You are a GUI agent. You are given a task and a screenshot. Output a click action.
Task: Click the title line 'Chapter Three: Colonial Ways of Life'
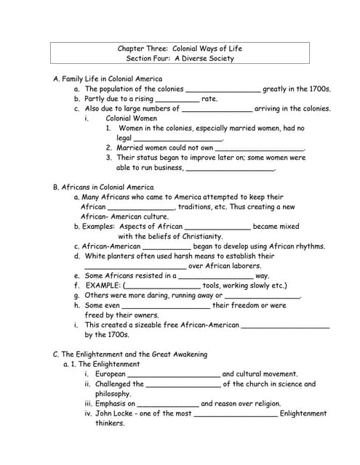coord(180,49)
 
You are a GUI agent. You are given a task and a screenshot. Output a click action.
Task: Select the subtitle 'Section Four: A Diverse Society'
coord(180,59)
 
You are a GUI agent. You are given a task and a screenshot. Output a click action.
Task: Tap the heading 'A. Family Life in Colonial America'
coord(108,78)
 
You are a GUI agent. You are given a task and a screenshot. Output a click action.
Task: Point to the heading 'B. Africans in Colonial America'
coord(103,187)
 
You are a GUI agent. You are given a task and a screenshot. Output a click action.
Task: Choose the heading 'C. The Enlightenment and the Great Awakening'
coord(130,355)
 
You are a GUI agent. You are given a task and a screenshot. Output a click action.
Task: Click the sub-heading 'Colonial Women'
coord(132,118)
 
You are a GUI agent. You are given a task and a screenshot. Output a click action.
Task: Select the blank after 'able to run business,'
coord(231,168)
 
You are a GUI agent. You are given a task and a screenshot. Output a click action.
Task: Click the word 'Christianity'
coord(199,236)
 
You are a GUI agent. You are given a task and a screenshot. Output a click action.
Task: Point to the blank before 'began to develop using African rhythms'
coord(167,246)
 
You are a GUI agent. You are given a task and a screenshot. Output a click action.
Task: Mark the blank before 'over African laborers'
coord(135,266)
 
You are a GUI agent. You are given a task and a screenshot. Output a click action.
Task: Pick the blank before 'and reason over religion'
coord(167,404)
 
